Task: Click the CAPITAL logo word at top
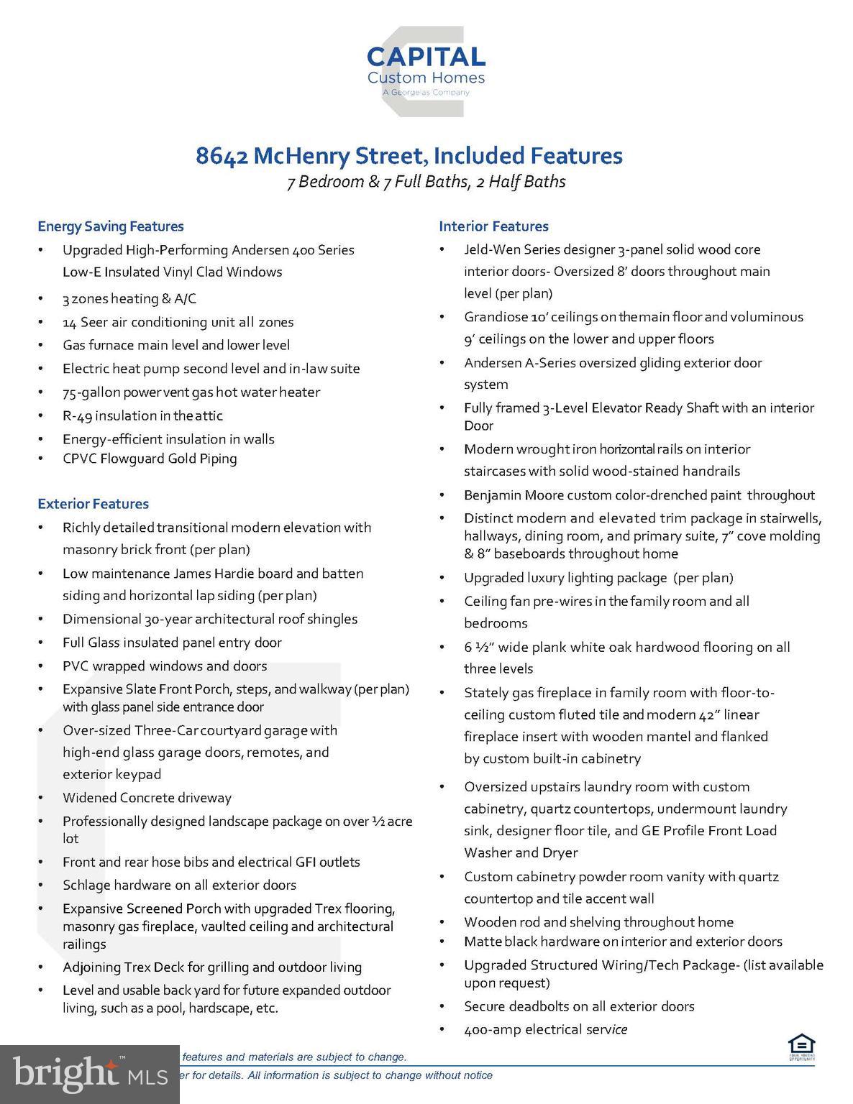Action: tap(426, 57)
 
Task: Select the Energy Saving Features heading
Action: tap(111, 226)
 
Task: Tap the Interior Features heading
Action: tap(493, 226)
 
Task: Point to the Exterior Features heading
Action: tap(93, 504)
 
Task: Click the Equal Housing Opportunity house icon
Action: tap(800, 1046)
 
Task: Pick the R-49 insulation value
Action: tap(77, 415)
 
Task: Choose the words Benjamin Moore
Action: tap(513, 494)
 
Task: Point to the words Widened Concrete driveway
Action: tap(147, 798)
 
